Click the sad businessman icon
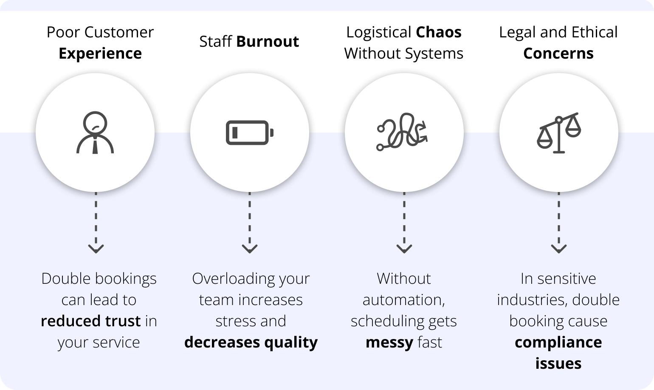click(95, 133)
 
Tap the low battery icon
click(250, 133)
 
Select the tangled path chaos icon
click(402, 132)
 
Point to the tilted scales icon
click(559, 133)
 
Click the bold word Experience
click(100, 54)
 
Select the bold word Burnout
click(268, 42)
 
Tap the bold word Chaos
click(439, 32)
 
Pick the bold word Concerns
click(558, 54)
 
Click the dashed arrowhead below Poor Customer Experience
click(96, 248)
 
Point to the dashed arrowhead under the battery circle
click(250, 248)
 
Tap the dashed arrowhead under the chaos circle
click(404, 248)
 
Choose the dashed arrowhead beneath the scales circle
click(559, 248)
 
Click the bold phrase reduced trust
click(90, 321)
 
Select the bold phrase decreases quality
click(251, 342)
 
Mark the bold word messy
click(389, 342)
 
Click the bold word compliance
click(558, 342)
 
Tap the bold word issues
click(558, 364)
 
